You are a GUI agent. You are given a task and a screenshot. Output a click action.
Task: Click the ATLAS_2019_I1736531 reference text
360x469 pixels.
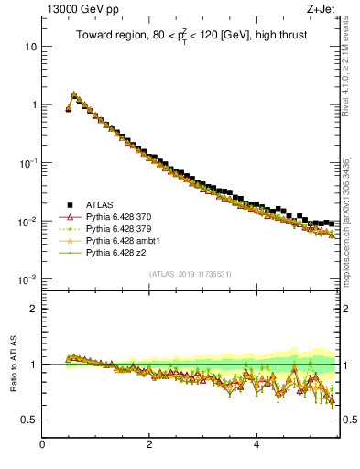pos(190,273)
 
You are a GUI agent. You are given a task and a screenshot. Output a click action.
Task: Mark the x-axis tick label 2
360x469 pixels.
pos(149,446)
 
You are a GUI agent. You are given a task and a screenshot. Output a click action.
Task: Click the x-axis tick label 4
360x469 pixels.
pos(256,446)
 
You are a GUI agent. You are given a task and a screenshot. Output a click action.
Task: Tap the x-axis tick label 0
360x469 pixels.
pos(42,446)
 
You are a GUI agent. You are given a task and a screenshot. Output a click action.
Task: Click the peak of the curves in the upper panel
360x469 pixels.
pos(73,93)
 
